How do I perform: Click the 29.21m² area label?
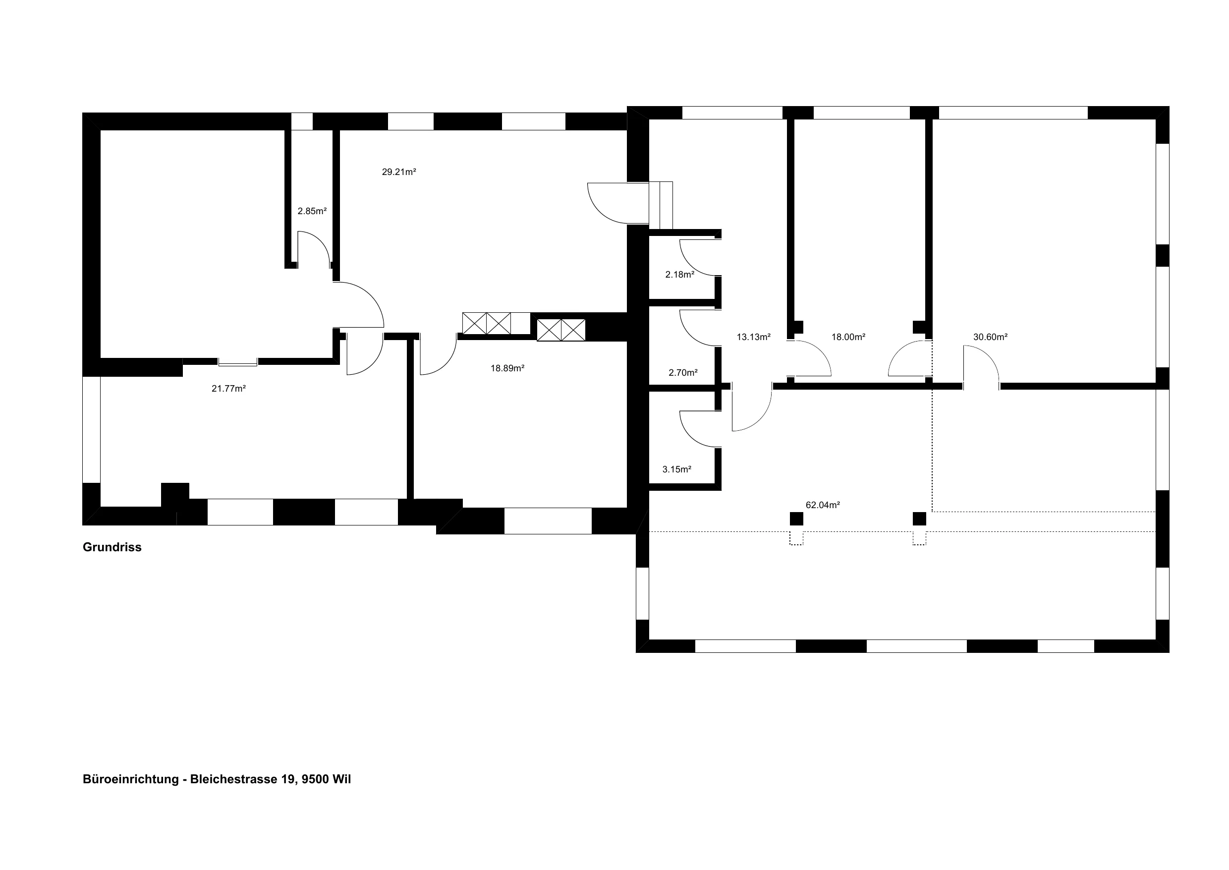pos(399,172)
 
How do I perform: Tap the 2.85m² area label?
pos(312,211)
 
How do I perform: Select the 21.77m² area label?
pos(228,388)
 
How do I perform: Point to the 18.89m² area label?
pos(507,368)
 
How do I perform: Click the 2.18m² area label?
pos(680,274)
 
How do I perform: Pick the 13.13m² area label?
pos(754,337)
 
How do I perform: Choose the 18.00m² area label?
pos(849,337)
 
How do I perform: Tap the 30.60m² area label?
pos(991,337)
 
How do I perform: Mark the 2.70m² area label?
pos(683,372)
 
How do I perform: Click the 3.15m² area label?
pos(677,469)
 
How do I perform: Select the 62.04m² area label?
pos(823,505)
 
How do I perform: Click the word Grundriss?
pos(112,547)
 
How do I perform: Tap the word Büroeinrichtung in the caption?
pos(131,779)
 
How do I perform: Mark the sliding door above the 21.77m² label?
pos(238,362)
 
